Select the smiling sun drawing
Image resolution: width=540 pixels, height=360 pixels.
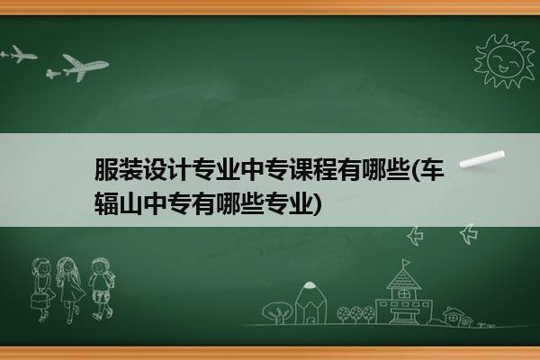tap(505, 61)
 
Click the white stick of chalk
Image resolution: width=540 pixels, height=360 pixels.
tap(482, 159)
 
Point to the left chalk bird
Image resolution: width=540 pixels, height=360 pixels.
tap(415, 236)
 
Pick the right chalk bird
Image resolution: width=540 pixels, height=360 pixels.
tap(469, 234)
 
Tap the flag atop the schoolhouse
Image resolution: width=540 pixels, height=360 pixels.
tap(407, 263)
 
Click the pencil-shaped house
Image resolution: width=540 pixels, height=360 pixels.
tap(310, 302)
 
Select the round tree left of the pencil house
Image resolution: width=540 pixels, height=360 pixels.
tap(277, 312)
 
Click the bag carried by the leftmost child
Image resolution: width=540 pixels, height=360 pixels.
tap(38, 301)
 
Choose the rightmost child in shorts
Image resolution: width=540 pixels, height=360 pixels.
tap(102, 289)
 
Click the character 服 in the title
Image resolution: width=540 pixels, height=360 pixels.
tap(106, 170)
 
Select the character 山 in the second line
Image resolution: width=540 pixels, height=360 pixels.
tap(130, 203)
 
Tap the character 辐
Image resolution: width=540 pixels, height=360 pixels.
tap(106, 203)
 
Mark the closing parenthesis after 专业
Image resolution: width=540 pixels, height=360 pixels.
tap(318, 204)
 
